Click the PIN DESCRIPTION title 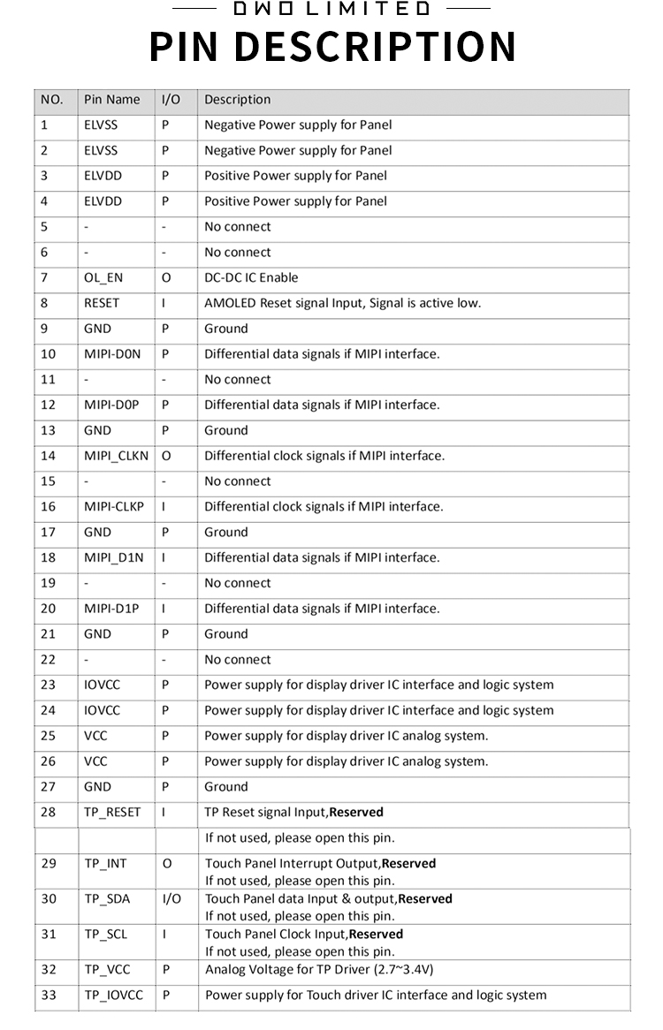pyautogui.click(x=332, y=46)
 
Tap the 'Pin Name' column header pyautogui.click(x=111, y=100)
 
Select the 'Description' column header pyautogui.click(x=237, y=100)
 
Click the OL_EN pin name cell pyautogui.click(x=103, y=277)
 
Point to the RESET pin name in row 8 pyautogui.click(x=102, y=303)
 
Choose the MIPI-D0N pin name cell pyautogui.click(x=112, y=354)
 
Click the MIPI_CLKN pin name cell pyautogui.click(x=117, y=456)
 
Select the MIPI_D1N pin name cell pyautogui.click(x=113, y=558)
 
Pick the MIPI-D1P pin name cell pyautogui.click(x=111, y=609)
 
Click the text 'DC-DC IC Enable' pyautogui.click(x=251, y=277)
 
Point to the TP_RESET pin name pyautogui.click(x=112, y=813)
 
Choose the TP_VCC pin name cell pyautogui.click(x=107, y=970)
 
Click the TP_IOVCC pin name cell pyautogui.click(x=113, y=996)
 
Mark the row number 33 pyautogui.click(x=49, y=996)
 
